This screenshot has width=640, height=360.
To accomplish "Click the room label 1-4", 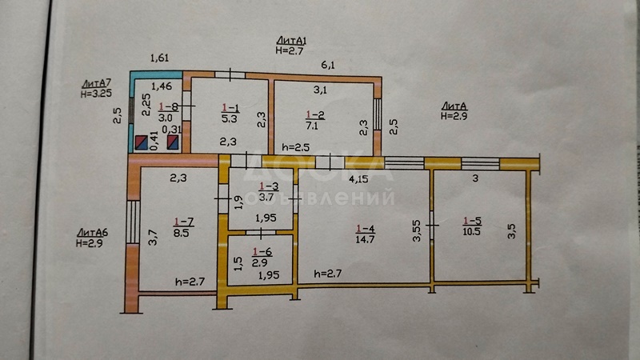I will point(365,228).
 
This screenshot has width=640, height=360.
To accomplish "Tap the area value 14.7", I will point(365,238).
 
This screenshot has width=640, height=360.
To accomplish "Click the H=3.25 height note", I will point(96,93).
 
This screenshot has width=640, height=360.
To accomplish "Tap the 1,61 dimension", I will point(162,58).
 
